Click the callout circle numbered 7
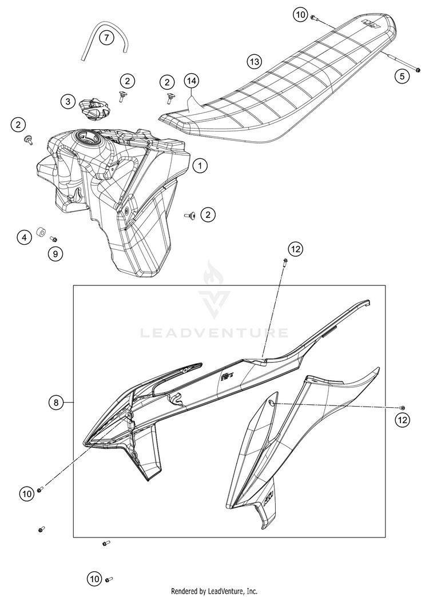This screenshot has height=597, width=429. pos(107,37)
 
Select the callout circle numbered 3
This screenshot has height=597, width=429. pos(68,101)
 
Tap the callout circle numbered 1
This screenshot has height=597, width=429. pos(200,165)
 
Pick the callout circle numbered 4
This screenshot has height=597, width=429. pos(25,237)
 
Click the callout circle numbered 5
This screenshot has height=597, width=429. pos(402,76)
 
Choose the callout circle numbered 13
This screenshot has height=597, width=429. pos(254,61)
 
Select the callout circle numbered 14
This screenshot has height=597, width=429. pos(192,81)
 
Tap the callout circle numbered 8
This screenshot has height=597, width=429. pos(56,402)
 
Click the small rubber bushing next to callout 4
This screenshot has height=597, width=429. pos(41,232)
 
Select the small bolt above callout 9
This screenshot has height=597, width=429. pos(53,239)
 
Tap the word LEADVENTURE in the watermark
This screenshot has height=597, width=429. pos(214,333)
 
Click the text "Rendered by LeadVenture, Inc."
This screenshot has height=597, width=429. pos(214,591)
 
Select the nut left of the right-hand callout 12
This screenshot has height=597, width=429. pos(402,408)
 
